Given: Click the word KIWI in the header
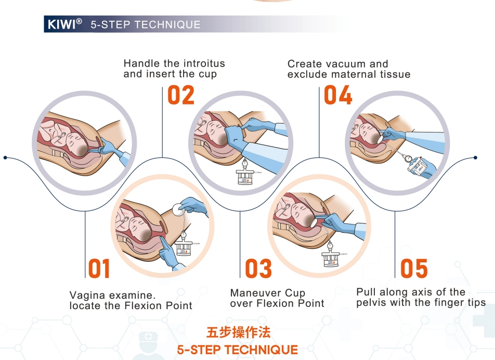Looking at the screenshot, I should [61, 24].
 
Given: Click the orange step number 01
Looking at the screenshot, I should [99, 269].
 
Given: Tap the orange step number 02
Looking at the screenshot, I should [181, 96].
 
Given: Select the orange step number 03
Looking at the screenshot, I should [258, 269].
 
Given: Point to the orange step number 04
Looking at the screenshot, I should [338, 96].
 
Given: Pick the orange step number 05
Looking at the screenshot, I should [414, 269].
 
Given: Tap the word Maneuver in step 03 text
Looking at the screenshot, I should [253, 293].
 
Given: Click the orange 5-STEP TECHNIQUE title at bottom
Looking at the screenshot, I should [238, 349].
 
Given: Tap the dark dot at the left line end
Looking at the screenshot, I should [5, 157].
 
